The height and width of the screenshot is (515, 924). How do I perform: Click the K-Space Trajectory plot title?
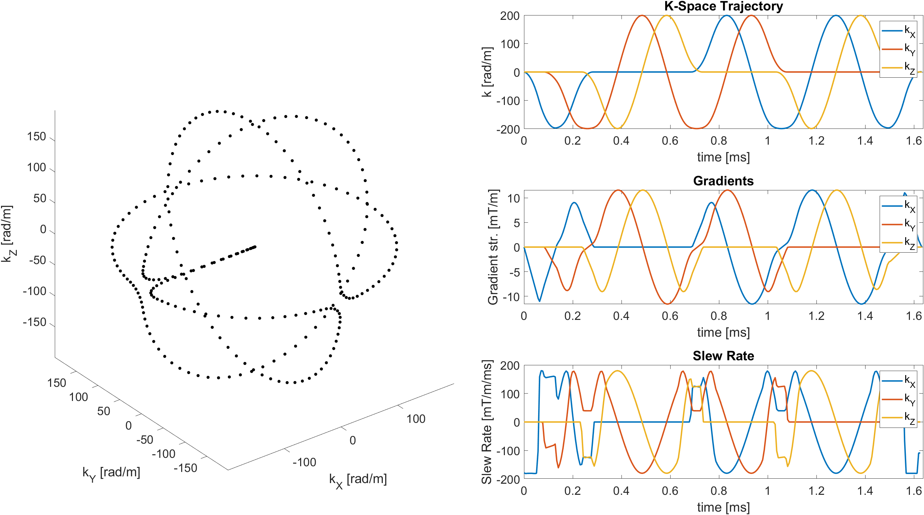tap(723, 6)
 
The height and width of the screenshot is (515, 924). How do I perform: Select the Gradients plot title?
tap(723, 181)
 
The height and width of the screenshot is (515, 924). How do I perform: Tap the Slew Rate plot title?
tap(723, 356)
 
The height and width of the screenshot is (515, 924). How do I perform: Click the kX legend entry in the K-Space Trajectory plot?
tap(898, 31)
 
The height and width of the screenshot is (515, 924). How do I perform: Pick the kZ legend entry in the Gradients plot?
tap(898, 243)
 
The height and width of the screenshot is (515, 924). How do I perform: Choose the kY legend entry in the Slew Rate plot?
tap(898, 399)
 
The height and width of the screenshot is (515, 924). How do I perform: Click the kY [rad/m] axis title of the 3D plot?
tap(111, 473)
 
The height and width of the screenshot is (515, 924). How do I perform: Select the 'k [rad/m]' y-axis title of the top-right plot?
tap(487, 72)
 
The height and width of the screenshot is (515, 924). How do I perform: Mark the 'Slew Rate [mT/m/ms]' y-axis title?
tap(487, 422)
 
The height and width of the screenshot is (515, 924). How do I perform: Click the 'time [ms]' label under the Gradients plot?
tap(723, 332)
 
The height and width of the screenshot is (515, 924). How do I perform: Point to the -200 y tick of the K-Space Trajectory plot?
tap(508, 129)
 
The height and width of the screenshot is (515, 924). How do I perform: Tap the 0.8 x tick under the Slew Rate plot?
tap(719, 490)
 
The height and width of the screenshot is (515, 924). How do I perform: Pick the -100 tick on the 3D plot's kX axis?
tap(304, 462)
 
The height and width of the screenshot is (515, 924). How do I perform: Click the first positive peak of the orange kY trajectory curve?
tap(642, 15)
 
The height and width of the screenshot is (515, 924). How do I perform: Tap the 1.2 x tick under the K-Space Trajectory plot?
tap(816, 141)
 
